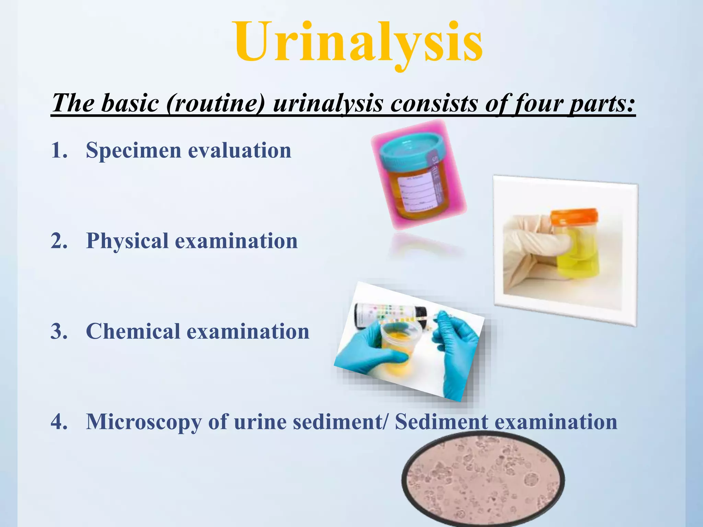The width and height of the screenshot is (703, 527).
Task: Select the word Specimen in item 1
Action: (x=133, y=150)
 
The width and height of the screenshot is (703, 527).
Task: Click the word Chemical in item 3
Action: (x=132, y=331)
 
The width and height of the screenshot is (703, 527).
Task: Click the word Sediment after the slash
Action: (x=441, y=422)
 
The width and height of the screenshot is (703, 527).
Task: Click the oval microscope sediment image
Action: (x=482, y=480)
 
